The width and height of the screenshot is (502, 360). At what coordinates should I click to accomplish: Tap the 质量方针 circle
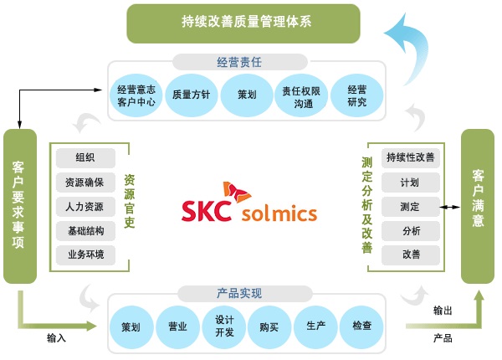(192, 95)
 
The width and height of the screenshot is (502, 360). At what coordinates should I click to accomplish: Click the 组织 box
(85, 157)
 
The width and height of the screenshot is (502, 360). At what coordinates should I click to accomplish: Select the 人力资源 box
(85, 206)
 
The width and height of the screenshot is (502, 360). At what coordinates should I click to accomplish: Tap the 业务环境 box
(85, 255)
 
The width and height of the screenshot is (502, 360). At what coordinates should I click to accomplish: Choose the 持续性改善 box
(411, 157)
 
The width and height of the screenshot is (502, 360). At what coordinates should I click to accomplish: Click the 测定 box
(411, 206)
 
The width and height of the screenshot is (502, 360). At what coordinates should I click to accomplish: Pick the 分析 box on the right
(411, 230)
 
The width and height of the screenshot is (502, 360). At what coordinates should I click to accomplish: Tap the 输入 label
(57, 338)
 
